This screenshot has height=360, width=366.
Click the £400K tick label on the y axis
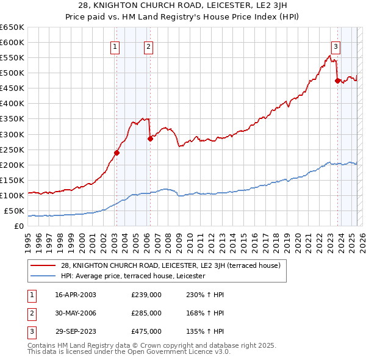(x=12, y=103)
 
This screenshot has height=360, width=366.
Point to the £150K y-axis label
(x=12, y=180)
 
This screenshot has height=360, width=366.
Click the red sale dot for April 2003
(x=117, y=153)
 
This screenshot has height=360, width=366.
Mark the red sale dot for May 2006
(x=150, y=139)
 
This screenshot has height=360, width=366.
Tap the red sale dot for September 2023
(x=337, y=80)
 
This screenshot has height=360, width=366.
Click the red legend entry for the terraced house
(x=170, y=265)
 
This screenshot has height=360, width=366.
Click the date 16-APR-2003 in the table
(x=76, y=295)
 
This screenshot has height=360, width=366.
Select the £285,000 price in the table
(x=146, y=313)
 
